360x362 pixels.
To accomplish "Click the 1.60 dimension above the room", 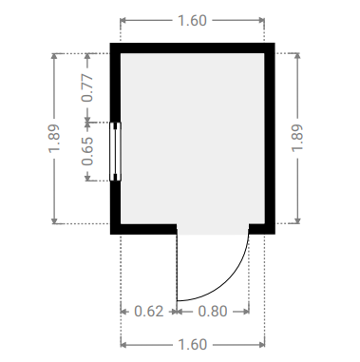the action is coord(192,21).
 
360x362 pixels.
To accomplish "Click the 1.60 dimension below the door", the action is coord(193,344).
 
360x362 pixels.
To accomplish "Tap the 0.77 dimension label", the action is coord(87,88).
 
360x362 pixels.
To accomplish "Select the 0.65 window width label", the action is coord(87,151).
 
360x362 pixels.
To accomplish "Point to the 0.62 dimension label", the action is coord(149,312).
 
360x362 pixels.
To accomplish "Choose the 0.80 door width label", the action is coord(213,312).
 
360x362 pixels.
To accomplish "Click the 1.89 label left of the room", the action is coord(54,139).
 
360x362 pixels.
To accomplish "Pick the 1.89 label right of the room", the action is coord(297,138).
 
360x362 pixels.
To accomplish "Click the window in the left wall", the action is coord(115,151).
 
